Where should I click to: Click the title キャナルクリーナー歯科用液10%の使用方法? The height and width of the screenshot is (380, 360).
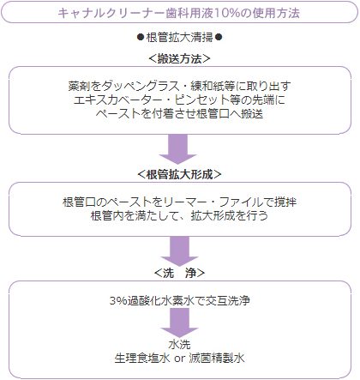tap(179, 13)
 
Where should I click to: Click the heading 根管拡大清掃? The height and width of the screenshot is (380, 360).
tap(179, 38)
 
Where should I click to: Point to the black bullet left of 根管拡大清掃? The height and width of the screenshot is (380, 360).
tap(141, 37)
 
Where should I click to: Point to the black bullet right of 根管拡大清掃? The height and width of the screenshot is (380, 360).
tap(219, 37)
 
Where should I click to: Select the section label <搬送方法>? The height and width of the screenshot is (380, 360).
tap(179, 59)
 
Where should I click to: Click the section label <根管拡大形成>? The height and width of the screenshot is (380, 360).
tap(179, 174)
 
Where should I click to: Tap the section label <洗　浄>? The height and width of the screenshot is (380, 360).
tap(179, 273)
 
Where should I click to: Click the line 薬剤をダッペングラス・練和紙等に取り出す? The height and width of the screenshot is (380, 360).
tap(179, 86)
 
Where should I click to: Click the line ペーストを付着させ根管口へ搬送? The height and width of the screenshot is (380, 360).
tap(179, 113)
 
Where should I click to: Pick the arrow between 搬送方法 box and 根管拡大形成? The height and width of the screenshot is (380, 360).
tap(178, 149)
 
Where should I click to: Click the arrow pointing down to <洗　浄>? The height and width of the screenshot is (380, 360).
tap(180, 251)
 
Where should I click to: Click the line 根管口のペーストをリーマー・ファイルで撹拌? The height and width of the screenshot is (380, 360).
tap(179, 202)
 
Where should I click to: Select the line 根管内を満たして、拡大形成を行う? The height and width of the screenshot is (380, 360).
tap(179, 215)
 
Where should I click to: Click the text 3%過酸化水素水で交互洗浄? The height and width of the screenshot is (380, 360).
tap(180, 301)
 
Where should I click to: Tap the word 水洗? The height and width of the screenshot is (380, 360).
tap(179, 345)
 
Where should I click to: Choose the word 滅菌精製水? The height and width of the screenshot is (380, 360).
tap(217, 359)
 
